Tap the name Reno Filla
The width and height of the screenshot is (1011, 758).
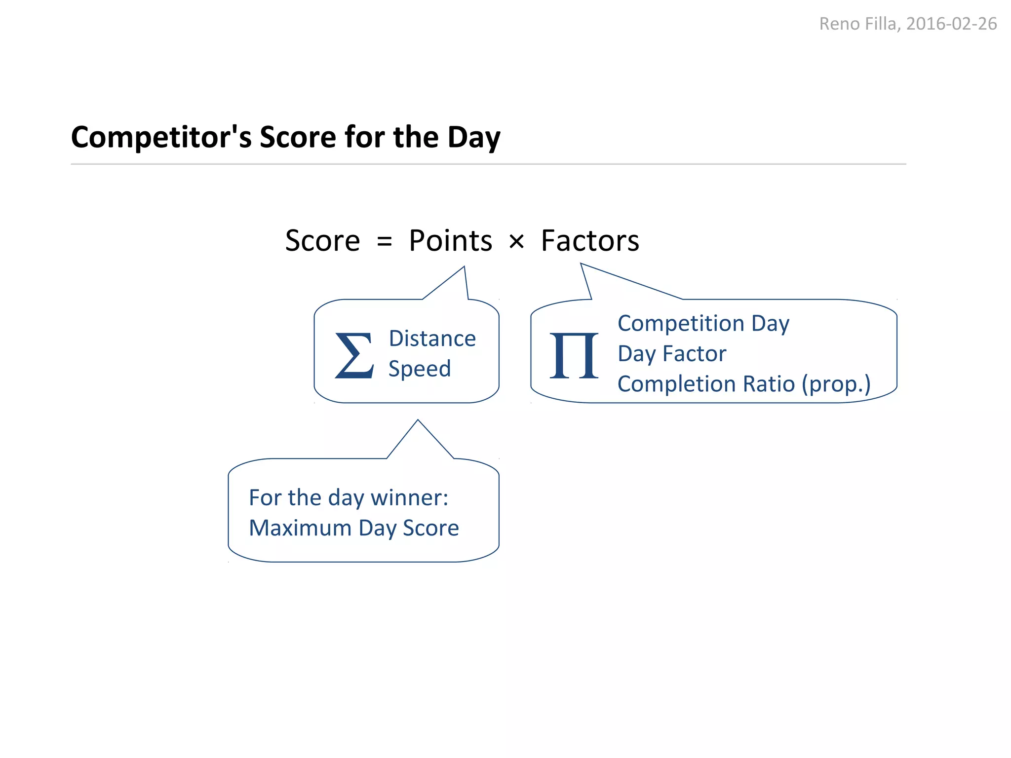tap(858, 24)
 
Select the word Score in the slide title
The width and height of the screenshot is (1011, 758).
tap(298, 137)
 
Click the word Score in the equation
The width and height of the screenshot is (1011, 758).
tap(322, 241)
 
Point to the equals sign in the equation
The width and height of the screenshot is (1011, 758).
tap(384, 242)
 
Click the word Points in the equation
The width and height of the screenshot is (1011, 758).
tap(450, 241)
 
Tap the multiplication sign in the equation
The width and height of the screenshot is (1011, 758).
tap(516, 242)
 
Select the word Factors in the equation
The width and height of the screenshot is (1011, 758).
tap(590, 241)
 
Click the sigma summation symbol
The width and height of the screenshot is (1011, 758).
tap(354, 355)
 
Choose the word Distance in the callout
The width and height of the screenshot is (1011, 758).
tap(432, 339)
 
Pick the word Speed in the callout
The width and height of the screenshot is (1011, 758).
tap(420, 369)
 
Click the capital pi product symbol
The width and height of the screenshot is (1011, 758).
tap(574, 355)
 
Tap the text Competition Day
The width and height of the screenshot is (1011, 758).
tap(703, 324)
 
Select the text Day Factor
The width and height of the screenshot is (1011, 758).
tap(671, 354)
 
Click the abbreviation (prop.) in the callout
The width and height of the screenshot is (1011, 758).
tap(836, 384)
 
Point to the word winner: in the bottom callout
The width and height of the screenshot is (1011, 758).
tap(409, 497)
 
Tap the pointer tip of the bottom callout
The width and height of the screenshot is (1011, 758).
tap(418, 421)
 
